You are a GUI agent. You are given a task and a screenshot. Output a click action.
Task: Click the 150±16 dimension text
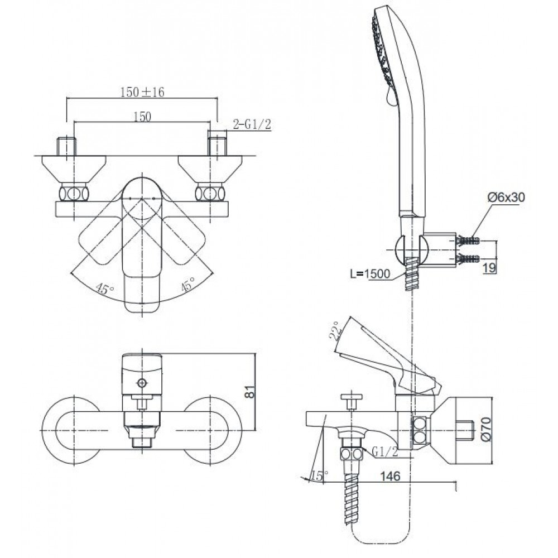click(143, 93)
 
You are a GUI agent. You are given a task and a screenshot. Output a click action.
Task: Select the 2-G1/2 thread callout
click(252, 125)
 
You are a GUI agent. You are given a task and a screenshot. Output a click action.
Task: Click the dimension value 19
click(489, 268)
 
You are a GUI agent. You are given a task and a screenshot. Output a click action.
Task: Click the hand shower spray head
click(385, 56)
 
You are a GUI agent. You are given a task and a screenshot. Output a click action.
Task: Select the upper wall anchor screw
click(468, 242)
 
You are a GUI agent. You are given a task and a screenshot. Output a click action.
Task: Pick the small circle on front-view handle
click(142, 383)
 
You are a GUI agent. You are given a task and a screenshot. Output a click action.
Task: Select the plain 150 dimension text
click(143, 116)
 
